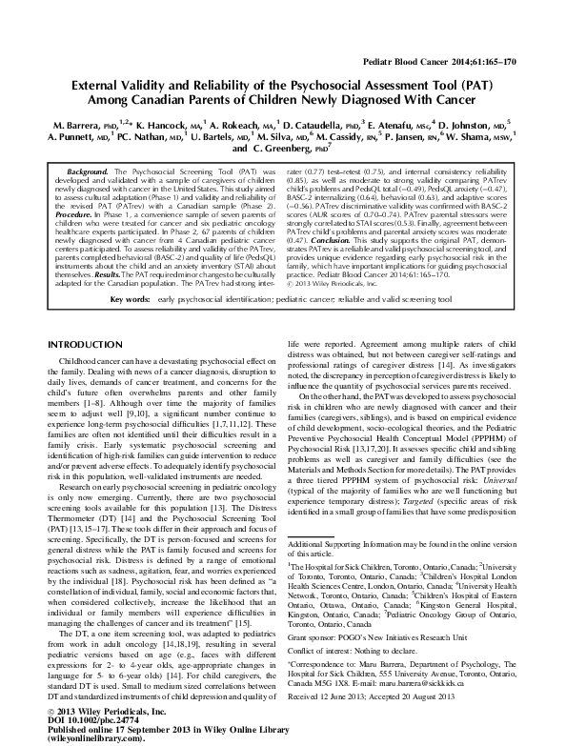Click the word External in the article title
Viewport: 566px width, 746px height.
pos(103,85)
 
